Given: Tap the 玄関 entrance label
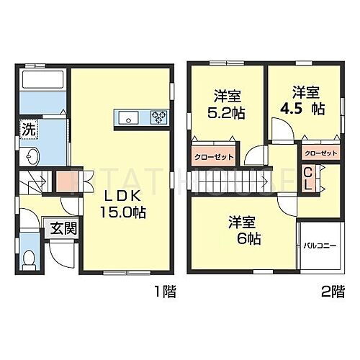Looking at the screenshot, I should tap(58, 230).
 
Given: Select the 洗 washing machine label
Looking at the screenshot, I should tap(27, 131).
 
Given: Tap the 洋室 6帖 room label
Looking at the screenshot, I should tap(243, 229).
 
